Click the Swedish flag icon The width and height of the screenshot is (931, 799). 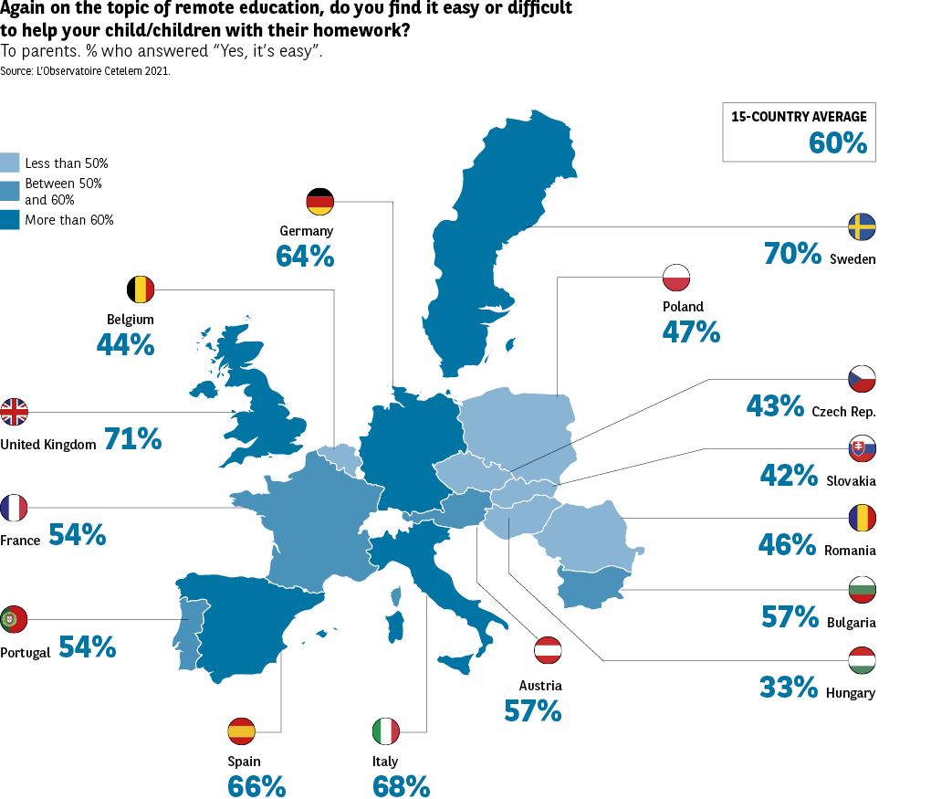click(862, 226)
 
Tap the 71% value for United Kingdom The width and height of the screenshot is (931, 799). click(132, 439)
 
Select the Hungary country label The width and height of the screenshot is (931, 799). click(850, 693)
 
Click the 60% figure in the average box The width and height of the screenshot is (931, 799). click(837, 142)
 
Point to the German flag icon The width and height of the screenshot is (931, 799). click(320, 201)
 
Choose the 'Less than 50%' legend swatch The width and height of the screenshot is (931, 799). click(10, 163)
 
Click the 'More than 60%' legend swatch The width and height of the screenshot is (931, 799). click(10, 219)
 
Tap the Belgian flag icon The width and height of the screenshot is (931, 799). click(141, 290)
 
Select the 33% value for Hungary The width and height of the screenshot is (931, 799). click(789, 687)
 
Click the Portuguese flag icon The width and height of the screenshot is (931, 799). click(14, 619)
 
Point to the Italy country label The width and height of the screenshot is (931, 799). click(385, 762)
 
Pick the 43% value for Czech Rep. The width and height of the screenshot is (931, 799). click(775, 405)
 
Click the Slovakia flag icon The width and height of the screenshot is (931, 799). click(862, 447)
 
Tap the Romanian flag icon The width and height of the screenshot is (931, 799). click(862, 518)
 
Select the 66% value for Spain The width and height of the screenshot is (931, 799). click(256, 786)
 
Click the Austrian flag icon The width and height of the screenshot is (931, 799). click(548, 650)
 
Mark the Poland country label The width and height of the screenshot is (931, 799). click(683, 307)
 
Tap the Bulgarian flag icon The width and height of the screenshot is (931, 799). click(862, 589)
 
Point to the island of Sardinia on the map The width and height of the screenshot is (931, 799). click(395, 626)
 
